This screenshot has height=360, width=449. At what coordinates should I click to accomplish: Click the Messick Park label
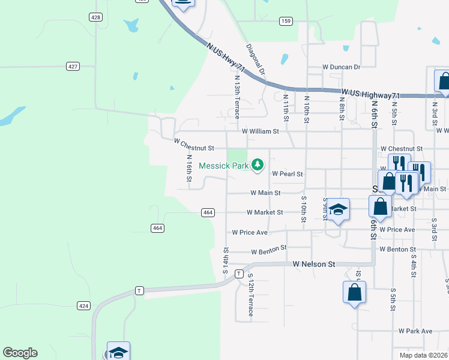point(223,165)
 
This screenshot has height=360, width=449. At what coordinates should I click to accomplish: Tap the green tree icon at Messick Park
point(258,164)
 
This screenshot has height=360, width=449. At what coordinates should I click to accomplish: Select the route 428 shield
point(95,17)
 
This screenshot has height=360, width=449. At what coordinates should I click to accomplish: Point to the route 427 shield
point(73,66)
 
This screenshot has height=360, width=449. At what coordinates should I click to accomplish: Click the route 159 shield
point(286,21)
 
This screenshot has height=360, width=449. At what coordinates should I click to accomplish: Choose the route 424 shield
point(83,305)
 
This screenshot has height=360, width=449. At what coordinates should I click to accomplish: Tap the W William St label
point(261,131)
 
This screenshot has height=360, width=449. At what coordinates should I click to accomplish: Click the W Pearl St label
point(288,173)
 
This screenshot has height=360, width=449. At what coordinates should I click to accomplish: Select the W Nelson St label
point(313,264)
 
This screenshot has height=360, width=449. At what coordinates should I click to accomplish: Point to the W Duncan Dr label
point(341,67)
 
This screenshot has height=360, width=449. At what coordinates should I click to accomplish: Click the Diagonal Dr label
point(255,59)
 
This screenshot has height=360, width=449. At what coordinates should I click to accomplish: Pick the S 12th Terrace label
point(251,298)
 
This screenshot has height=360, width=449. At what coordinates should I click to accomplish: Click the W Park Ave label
point(415,331)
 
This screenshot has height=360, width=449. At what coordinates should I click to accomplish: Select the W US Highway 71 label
point(371,94)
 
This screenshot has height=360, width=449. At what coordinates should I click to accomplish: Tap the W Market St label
point(265,212)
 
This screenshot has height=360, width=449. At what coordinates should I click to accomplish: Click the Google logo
point(20,353)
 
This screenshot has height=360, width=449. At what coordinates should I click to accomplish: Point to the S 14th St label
point(226,260)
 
